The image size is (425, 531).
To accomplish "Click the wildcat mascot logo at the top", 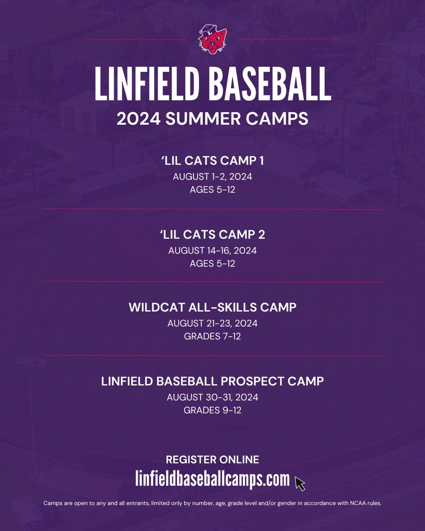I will point(212,40).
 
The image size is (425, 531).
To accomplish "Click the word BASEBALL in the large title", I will point(272,84).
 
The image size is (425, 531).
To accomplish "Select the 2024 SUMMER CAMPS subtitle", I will point(212,118).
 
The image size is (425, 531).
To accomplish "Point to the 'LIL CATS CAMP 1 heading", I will point(212,161).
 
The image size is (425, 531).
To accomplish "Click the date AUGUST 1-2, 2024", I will point(212,177).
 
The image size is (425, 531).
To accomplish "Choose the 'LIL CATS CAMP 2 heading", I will point(212,235).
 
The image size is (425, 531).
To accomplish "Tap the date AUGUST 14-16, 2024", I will point(212,250).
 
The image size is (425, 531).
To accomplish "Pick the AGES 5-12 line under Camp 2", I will point(212,264).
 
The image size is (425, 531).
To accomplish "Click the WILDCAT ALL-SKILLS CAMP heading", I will point(212,307).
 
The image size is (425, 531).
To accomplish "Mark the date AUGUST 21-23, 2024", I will point(212,323).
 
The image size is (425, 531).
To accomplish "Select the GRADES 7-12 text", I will point(212,337).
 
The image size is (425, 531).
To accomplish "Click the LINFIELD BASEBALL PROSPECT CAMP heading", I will point(212,381).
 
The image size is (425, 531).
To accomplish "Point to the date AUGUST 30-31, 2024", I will point(212,397).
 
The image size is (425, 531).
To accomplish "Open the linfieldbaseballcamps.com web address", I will point(212,479).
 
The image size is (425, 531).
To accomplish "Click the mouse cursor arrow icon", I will point(300,484).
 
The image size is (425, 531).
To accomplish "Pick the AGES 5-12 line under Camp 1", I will point(212,190).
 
